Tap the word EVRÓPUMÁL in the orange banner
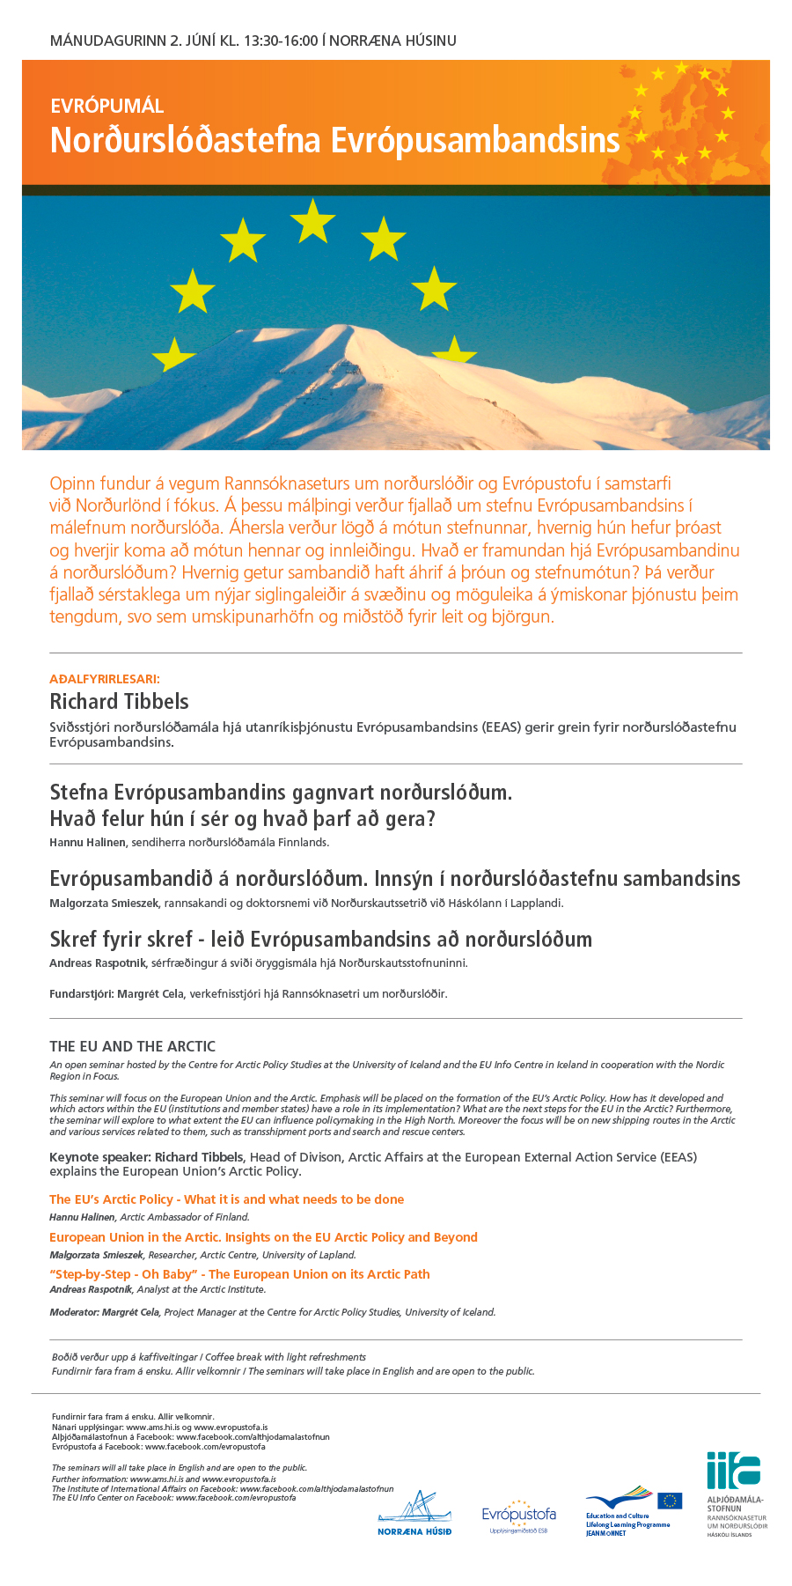tap(106, 107)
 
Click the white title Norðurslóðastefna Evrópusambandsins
tap(334, 141)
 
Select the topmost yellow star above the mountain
tap(312, 220)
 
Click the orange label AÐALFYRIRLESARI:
tap(105, 679)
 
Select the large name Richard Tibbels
tap(119, 702)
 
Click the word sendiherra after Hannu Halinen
tap(158, 843)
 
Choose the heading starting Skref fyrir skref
tap(320, 939)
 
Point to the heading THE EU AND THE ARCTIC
tap(132, 1046)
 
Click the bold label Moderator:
tap(75, 1312)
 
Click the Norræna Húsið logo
tap(414, 1513)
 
